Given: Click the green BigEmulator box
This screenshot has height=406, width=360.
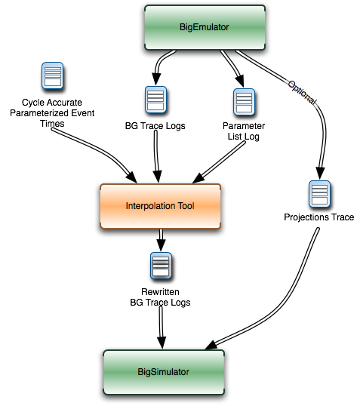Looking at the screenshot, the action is click(x=205, y=27).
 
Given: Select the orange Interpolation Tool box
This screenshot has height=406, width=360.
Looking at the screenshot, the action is click(x=160, y=206).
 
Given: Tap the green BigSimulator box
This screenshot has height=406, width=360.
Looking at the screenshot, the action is click(x=164, y=372).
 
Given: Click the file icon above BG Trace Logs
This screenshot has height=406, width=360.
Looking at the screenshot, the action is click(x=155, y=100).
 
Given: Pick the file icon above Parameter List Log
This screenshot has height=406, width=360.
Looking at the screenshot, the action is click(x=244, y=102).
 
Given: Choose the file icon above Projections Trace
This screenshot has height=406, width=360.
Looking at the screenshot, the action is click(x=319, y=194).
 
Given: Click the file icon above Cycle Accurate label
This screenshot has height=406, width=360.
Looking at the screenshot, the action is click(x=53, y=75).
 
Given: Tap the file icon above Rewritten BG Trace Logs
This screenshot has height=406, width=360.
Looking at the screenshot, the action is click(x=161, y=266).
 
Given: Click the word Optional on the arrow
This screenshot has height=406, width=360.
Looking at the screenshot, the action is click(x=302, y=93).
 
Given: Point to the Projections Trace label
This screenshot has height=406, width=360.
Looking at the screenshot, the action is click(x=319, y=217).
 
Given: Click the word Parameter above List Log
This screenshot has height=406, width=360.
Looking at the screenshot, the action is click(x=244, y=126).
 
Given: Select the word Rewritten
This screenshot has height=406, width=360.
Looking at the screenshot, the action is click(x=160, y=292).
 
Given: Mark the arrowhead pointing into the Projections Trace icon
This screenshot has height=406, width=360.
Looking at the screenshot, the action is click(x=320, y=173).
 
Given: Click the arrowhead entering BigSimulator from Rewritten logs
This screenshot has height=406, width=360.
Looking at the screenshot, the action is click(x=162, y=343).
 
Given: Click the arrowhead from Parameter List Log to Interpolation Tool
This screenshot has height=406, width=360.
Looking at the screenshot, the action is click(x=198, y=178).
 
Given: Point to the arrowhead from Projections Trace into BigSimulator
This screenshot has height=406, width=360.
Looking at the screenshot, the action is click(x=211, y=346).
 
